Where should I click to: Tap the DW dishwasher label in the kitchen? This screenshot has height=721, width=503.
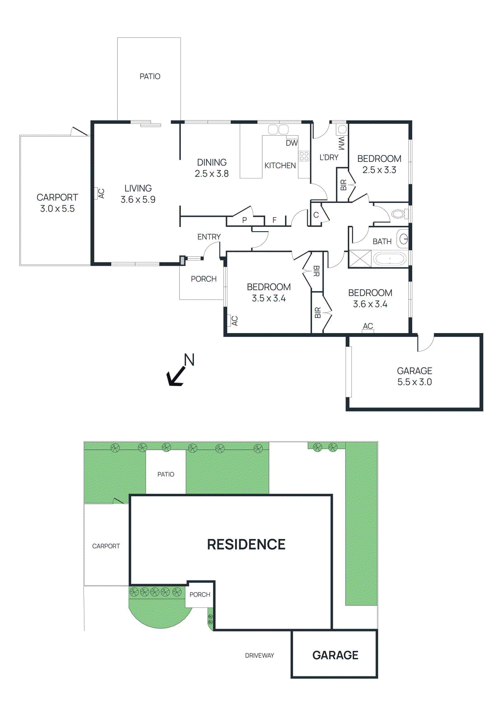coord(291,143)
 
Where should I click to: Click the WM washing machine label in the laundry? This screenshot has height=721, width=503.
coord(341,143)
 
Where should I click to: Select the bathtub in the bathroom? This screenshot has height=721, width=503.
coord(390,259)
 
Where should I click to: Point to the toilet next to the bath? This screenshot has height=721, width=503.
coord(398,214)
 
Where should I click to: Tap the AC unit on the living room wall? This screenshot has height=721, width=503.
coord(101,193)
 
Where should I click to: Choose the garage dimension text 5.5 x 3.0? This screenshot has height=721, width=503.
coord(414,382)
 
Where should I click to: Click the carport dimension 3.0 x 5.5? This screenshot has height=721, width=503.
coord(57,209)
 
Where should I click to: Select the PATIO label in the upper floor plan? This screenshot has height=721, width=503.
coord(150,77)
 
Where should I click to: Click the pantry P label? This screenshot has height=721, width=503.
coord(245,220)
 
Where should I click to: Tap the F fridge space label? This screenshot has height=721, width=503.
coord(274,220)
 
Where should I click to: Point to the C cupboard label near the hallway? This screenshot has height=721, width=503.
coord(316,215)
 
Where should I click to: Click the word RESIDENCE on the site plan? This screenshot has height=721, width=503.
coord(246,544)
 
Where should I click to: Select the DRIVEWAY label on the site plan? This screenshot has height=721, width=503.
coord(259,656)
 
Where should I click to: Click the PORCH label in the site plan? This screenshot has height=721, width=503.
coord(200,595)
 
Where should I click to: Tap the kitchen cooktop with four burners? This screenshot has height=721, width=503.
coord(304,156)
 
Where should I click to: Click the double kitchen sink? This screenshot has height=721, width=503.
coord(278,130)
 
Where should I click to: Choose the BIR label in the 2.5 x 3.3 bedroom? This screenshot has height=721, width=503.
coord(343,185)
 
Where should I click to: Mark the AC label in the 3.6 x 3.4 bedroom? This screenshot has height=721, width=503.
coord(368,326)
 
